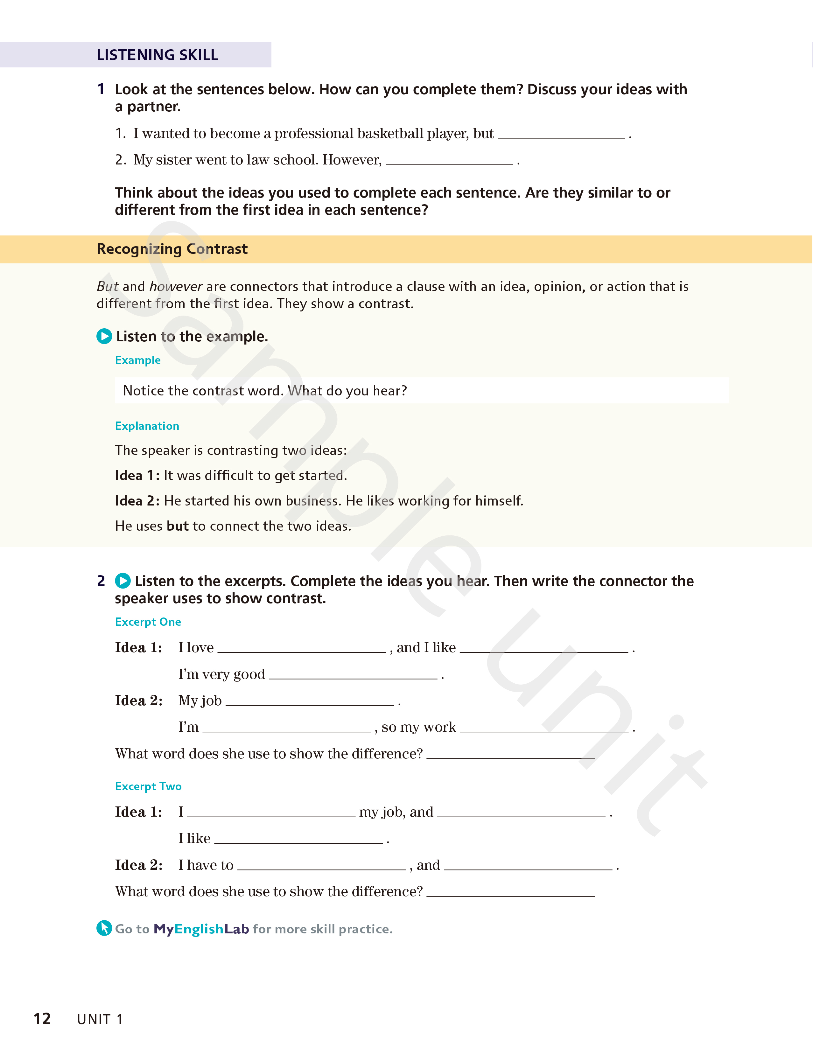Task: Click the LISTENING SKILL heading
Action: click(x=157, y=55)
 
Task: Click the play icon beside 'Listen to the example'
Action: click(x=104, y=336)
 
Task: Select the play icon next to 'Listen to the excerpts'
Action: click(x=123, y=581)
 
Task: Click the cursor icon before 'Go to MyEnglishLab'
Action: click(x=104, y=928)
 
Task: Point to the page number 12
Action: click(x=42, y=1018)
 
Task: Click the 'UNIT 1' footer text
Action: click(x=100, y=1019)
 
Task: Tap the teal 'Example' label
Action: click(x=137, y=360)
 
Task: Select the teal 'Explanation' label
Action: click(x=147, y=426)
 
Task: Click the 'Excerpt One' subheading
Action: click(x=148, y=622)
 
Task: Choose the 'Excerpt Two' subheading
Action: click(x=148, y=786)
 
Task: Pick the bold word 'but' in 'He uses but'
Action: click(x=178, y=526)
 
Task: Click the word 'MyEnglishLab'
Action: click(x=201, y=929)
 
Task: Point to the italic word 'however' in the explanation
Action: click(x=176, y=286)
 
